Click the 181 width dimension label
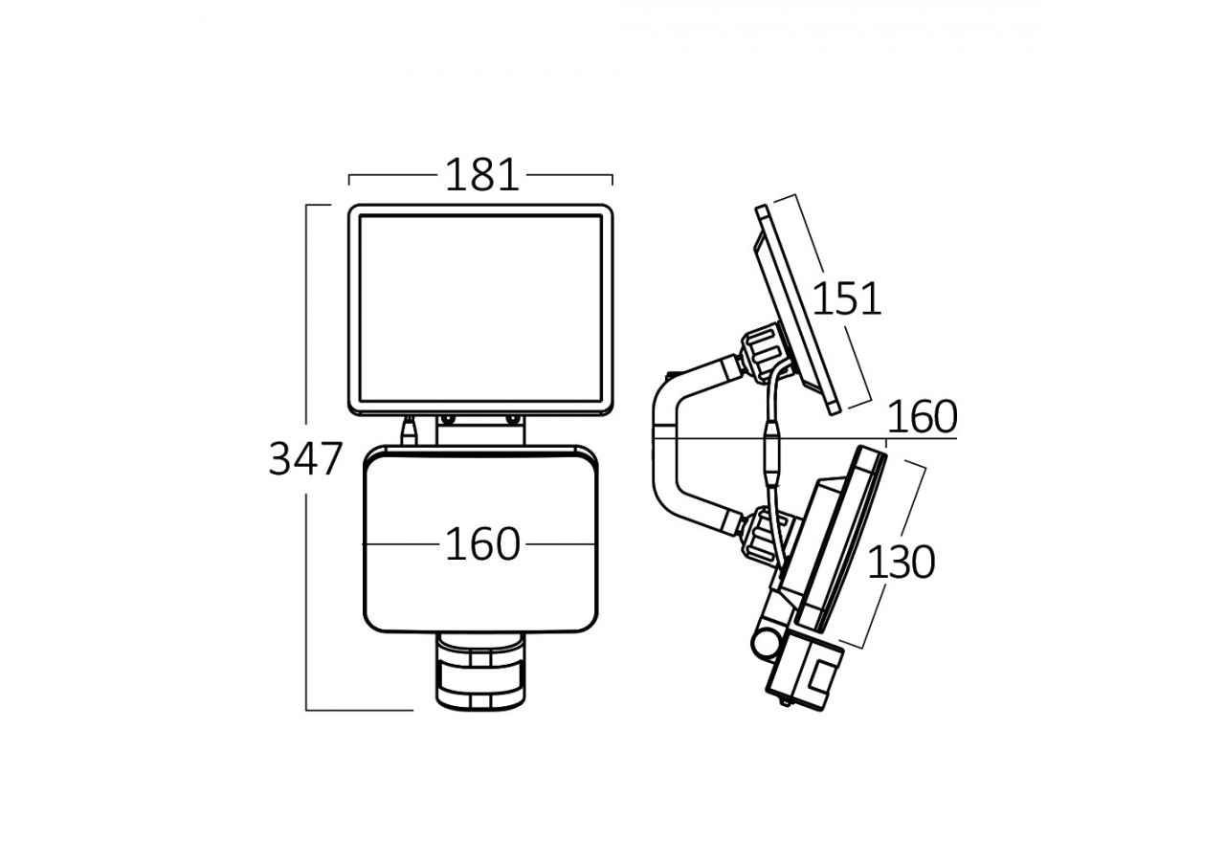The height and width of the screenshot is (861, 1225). (481, 176)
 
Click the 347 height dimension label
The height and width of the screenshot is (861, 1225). (304, 460)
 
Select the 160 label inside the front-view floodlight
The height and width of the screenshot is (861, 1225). (481, 544)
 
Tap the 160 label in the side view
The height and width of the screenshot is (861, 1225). (922, 417)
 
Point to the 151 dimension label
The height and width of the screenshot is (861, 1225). (846, 299)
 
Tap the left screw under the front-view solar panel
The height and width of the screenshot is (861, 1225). (446, 418)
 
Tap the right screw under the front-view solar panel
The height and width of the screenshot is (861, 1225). (511, 418)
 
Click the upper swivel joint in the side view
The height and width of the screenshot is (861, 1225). (761, 354)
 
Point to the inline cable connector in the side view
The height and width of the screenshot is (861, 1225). (771, 449)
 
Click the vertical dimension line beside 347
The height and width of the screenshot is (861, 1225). (306, 574)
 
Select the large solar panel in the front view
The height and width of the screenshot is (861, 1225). (479, 309)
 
